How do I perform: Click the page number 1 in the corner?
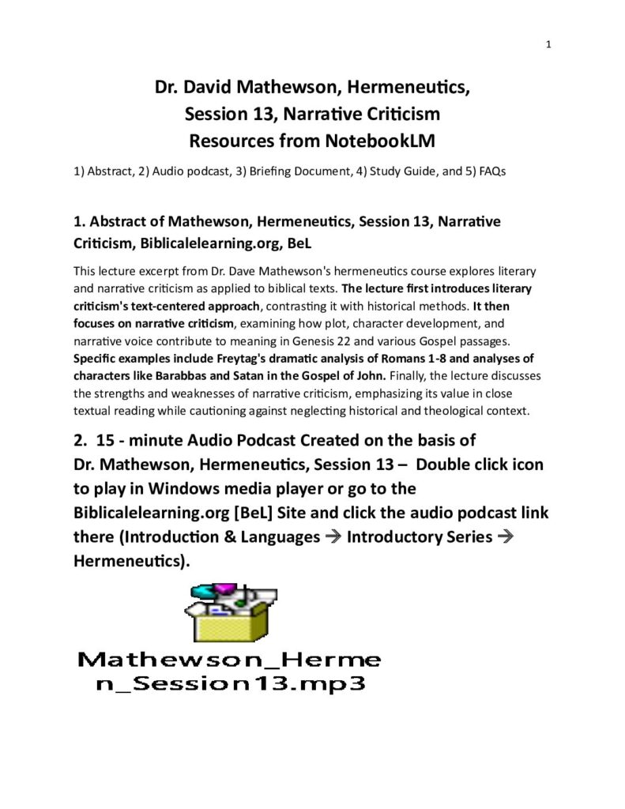click(548, 44)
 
